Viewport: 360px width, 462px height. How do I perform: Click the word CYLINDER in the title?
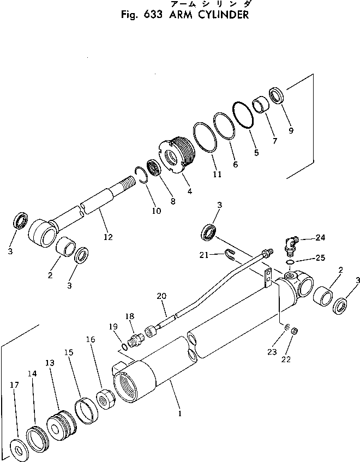(219, 15)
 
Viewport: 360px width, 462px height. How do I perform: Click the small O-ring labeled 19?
(124, 346)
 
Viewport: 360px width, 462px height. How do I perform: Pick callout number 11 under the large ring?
(217, 175)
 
